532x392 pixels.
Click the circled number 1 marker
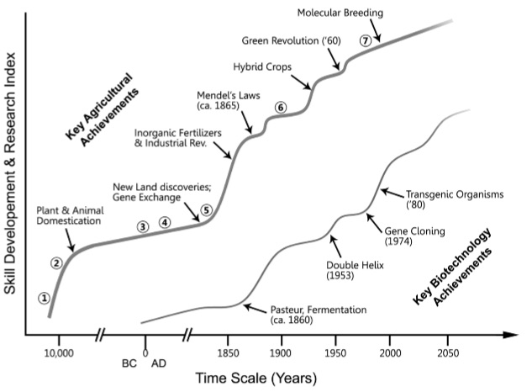44,298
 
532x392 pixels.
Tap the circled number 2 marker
57,263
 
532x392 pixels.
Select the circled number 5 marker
207,210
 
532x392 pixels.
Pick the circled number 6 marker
281,107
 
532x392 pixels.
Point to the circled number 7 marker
365,40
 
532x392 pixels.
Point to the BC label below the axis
129,364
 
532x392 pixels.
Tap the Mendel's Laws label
224,100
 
